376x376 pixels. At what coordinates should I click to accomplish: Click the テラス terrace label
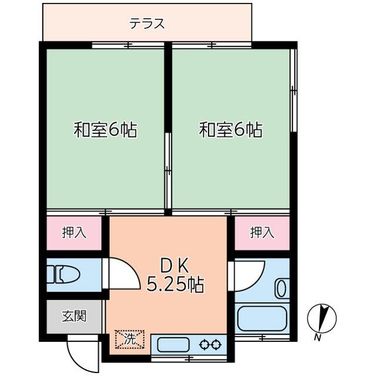click(x=147, y=24)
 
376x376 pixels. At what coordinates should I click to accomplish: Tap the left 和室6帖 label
click(x=105, y=129)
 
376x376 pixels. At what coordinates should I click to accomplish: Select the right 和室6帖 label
click(x=230, y=129)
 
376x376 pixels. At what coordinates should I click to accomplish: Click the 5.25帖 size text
click(x=174, y=286)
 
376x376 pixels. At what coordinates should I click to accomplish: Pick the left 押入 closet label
click(x=75, y=233)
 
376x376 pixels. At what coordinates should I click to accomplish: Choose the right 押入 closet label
click(x=262, y=233)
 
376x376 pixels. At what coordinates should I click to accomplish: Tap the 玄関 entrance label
click(x=75, y=316)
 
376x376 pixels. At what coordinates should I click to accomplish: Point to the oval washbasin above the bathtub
click(x=281, y=289)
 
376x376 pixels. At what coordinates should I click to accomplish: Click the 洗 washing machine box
click(x=129, y=339)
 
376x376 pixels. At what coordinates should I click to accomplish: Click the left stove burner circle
click(x=204, y=345)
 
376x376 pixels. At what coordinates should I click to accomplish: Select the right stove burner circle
click(x=216, y=345)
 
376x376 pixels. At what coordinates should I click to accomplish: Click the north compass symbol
click(x=321, y=318)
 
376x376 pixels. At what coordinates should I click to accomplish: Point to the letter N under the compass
click(x=317, y=337)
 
